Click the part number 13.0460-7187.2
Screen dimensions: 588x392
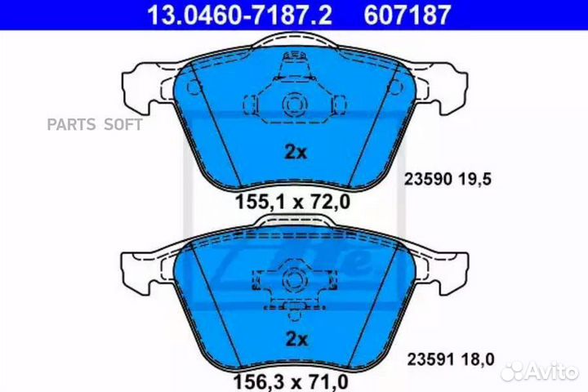[x=239, y=15]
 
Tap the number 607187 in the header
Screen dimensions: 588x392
[x=408, y=15]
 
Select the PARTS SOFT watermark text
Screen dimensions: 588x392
[x=95, y=124]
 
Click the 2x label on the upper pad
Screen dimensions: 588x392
[x=296, y=152]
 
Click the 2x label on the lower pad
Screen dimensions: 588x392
[x=296, y=339]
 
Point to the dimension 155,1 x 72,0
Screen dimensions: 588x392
[x=292, y=202]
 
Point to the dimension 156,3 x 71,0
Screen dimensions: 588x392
[x=291, y=382]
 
